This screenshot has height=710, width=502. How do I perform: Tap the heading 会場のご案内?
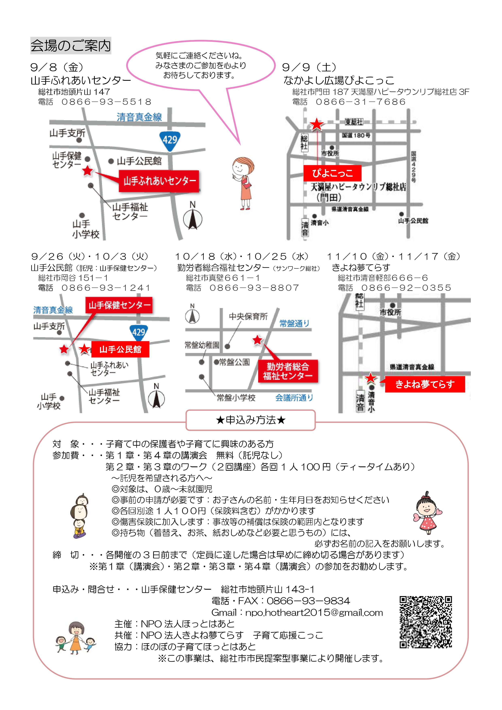coord(71,46)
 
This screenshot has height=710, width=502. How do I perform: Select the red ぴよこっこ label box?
coord(332,173)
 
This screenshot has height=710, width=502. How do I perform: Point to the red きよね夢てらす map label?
coord(425,384)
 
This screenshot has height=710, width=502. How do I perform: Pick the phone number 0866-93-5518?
coord(107,102)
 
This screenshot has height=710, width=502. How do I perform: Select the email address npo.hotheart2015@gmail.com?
coord(314,613)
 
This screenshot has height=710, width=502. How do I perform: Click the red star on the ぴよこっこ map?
coord(317,125)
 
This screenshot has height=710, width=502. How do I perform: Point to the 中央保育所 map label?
coord(248,316)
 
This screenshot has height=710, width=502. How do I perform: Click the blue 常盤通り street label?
coord(294,323)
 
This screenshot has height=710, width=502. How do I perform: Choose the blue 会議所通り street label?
coord(294,398)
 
